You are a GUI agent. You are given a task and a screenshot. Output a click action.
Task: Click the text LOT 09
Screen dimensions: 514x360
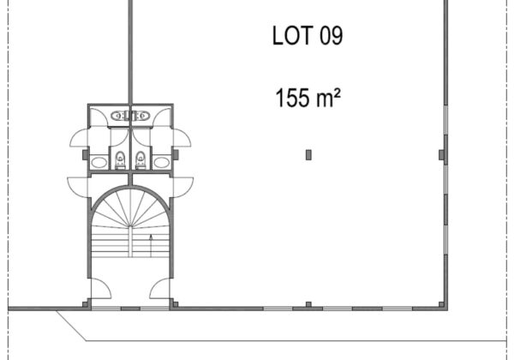pyautogui.click(x=308, y=35)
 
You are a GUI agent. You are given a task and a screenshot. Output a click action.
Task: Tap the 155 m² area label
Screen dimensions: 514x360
pyautogui.click(x=308, y=98)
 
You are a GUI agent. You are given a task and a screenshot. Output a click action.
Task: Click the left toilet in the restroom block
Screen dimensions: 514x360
pyautogui.click(x=120, y=159)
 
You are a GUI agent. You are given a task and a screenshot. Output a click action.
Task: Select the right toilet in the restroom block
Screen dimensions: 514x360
pyautogui.click(x=140, y=159)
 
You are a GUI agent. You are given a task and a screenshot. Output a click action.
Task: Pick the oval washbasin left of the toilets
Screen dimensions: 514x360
pyautogui.click(x=99, y=162)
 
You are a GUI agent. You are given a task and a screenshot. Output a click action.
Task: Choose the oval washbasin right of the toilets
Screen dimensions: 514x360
pyautogui.click(x=161, y=162)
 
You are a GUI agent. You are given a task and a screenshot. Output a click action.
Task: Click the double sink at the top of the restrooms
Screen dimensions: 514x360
pyautogui.click(x=130, y=116)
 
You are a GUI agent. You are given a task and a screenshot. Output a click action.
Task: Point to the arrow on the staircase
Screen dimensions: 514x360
pyautogui.click(x=151, y=246)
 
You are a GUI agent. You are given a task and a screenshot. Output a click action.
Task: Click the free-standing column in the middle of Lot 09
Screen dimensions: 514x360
pyautogui.click(x=308, y=155)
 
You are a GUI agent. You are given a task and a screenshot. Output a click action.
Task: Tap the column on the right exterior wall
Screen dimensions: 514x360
pyautogui.click(x=442, y=155)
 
